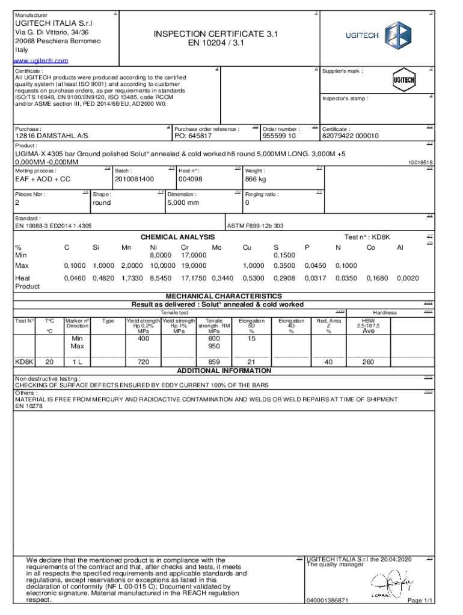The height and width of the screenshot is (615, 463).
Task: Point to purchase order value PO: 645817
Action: click(x=192, y=136)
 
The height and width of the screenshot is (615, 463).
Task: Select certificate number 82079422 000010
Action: click(x=350, y=136)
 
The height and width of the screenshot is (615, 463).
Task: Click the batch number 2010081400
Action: click(x=134, y=179)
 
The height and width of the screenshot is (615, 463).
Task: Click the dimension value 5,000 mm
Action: click(x=183, y=203)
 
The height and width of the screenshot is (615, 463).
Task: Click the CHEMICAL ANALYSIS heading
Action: click(x=177, y=238)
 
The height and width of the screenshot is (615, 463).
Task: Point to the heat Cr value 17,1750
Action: click(x=194, y=279)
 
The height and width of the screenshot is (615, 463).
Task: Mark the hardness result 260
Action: click(x=368, y=362)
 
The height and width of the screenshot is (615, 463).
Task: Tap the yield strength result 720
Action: click(x=143, y=362)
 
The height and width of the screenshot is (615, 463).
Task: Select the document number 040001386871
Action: click(x=328, y=601)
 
